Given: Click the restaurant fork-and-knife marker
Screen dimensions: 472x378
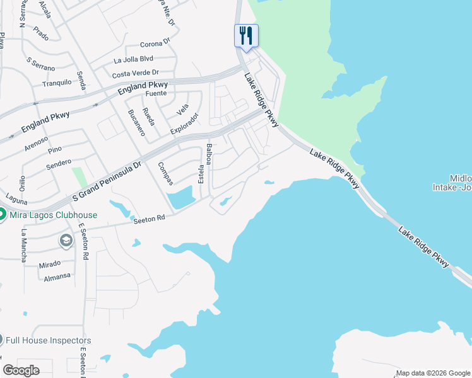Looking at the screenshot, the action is point(246,35).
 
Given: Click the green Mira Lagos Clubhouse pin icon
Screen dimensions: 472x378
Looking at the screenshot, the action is point(2,215).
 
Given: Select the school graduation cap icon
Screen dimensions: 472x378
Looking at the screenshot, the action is point(66,241).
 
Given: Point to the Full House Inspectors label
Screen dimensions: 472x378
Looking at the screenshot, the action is point(48,340).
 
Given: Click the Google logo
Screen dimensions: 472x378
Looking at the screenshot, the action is point(21,370).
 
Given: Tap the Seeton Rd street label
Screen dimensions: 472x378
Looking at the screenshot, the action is point(148,219).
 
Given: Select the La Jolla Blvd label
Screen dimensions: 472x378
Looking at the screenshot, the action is point(133,60).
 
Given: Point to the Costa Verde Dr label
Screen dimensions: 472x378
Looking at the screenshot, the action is point(135,74).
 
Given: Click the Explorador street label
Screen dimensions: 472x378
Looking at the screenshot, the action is point(185,123).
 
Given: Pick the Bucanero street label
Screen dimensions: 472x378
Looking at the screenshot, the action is point(136,123).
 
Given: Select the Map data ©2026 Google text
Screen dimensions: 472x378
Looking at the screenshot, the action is point(433,373).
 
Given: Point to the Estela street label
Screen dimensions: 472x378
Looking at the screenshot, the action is point(202,174).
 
